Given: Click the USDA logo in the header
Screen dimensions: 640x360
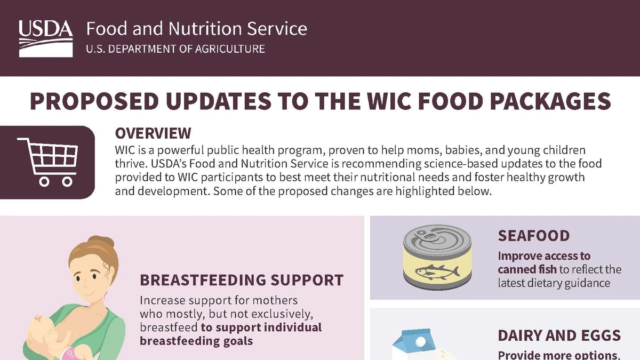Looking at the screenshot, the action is pos(46,38).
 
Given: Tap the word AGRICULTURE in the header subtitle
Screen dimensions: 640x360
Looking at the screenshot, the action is pos(230,49).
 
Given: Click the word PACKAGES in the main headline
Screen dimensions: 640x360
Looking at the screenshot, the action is pos(550,101).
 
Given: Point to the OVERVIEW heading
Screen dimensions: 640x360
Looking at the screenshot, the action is pos(153,133).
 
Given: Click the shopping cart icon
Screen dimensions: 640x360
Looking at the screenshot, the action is pos(47,162).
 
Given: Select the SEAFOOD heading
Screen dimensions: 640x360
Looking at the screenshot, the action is pos(534,236).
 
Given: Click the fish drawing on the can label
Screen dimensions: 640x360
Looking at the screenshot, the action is pos(437,271).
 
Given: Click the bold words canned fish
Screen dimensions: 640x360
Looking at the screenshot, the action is pos(527,269).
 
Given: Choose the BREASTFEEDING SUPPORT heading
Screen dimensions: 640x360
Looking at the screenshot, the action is pos(242,280).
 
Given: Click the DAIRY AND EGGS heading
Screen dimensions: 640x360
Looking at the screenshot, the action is pos(559,335).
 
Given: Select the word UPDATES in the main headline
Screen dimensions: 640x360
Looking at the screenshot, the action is pos(219,101).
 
